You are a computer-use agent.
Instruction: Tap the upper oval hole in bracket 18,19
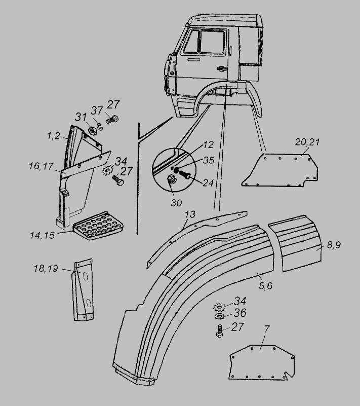point(85,276)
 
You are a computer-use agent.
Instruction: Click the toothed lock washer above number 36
point(220,307)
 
